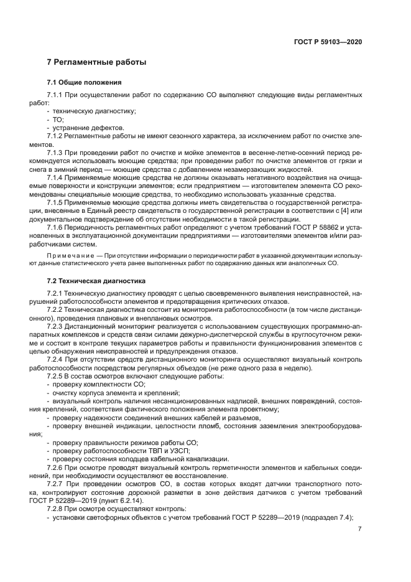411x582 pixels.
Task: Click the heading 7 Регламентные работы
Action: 96,62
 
